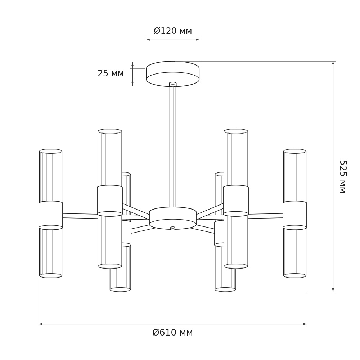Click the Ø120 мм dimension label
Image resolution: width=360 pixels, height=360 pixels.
[x=173, y=31]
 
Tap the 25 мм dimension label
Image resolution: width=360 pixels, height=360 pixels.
[x=111, y=73]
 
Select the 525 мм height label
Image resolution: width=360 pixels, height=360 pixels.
[x=343, y=176]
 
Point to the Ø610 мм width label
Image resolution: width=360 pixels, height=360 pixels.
[x=173, y=332]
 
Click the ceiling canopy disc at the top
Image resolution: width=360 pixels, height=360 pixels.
[x=173, y=74]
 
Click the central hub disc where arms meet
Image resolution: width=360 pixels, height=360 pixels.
[x=173, y=218]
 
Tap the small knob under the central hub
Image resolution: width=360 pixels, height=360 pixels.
[x=173, y=228]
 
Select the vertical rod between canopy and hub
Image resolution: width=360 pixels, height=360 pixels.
[x=173, y=146]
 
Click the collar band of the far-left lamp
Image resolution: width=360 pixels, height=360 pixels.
[x=51, y=215]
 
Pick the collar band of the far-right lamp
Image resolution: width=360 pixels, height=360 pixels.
[x=295, y=215]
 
